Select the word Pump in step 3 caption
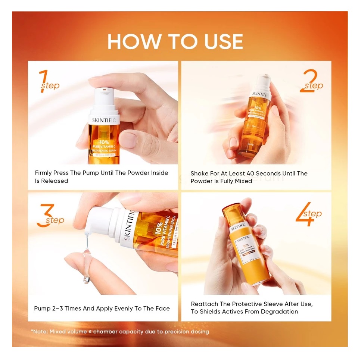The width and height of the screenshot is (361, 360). click(x=42, y=309)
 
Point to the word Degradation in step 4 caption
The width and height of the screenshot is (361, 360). click(x=280, y=312)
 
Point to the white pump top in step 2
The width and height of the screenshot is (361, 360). click(x=264, y=80)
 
